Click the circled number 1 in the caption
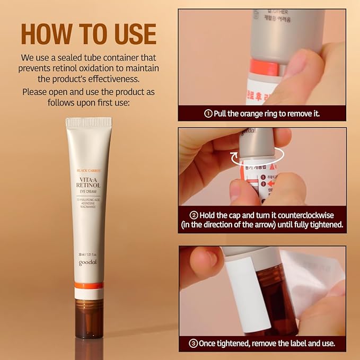click(208, 113)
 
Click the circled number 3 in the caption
click(194, 343)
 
